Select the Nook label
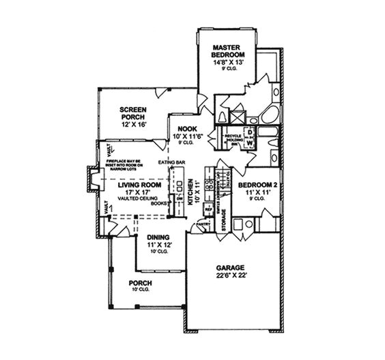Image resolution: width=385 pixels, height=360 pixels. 188,129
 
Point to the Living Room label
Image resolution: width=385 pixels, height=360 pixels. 139,184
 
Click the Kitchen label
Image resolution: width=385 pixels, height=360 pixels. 190,194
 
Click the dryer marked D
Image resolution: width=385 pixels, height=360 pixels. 249,132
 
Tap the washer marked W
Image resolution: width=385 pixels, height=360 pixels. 249,142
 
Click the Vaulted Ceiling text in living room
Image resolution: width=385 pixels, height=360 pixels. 139,197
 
